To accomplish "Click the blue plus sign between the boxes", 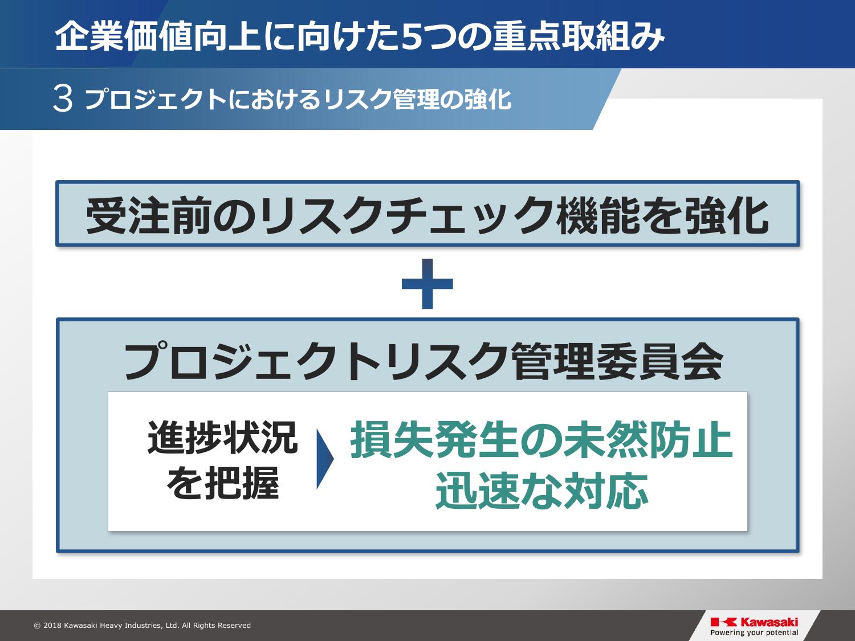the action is click(427, 284).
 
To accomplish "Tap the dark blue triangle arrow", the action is click(325, 459).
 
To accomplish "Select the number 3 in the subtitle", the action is click(63, 99).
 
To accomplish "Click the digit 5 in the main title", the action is click(414, 38).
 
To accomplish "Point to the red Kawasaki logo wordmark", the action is click(754, 622).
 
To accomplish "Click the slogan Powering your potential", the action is click(754, 632).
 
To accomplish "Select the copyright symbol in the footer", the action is click(38, 626).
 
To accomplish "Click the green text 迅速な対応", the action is click(542, 491).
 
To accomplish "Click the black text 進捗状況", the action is click(222, 438).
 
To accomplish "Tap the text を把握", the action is click(223, 483).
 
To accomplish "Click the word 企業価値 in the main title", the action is click(123, 38).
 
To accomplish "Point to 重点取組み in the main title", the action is click(579, 38).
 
